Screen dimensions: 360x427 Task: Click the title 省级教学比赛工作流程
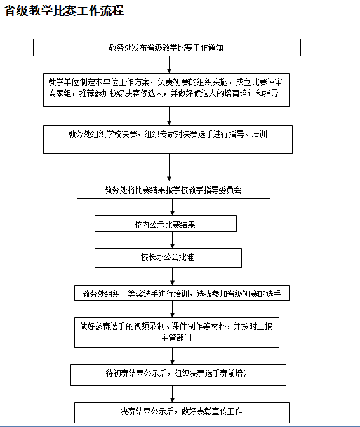tap(63, 11)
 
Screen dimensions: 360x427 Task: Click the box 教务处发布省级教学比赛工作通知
tap(167, 48)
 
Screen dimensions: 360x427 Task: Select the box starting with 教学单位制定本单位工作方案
tap(166, 89)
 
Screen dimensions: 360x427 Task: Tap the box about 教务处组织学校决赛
tap(168, 139)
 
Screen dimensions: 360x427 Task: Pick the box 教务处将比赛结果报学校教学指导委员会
tap(173, 190)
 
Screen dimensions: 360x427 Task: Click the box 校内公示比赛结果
tap(166, 223)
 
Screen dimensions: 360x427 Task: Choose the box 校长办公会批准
tap(168, 258)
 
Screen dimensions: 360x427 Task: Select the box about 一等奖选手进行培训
tap(182, 292)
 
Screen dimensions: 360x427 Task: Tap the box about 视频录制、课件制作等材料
tap(177, 332)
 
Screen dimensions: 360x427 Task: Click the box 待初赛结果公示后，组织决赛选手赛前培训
tap(178, 375)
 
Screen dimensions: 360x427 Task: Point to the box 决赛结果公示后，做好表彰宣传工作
tap(182, 412)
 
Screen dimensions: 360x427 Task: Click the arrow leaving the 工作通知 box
tap(170, 65)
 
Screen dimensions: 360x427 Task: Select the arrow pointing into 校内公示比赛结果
tap(172, 207)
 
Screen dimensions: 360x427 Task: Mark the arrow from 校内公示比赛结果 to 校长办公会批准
tap(172, 240)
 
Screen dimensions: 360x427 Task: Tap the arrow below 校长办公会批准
tap(172, 276)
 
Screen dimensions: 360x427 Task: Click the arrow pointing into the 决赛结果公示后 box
tap(172, 394)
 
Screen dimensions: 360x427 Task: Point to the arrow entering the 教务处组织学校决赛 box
tap(170, 115)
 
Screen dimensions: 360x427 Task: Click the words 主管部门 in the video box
tap(177, 338)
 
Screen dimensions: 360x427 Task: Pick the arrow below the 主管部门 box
tap(172, 356)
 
